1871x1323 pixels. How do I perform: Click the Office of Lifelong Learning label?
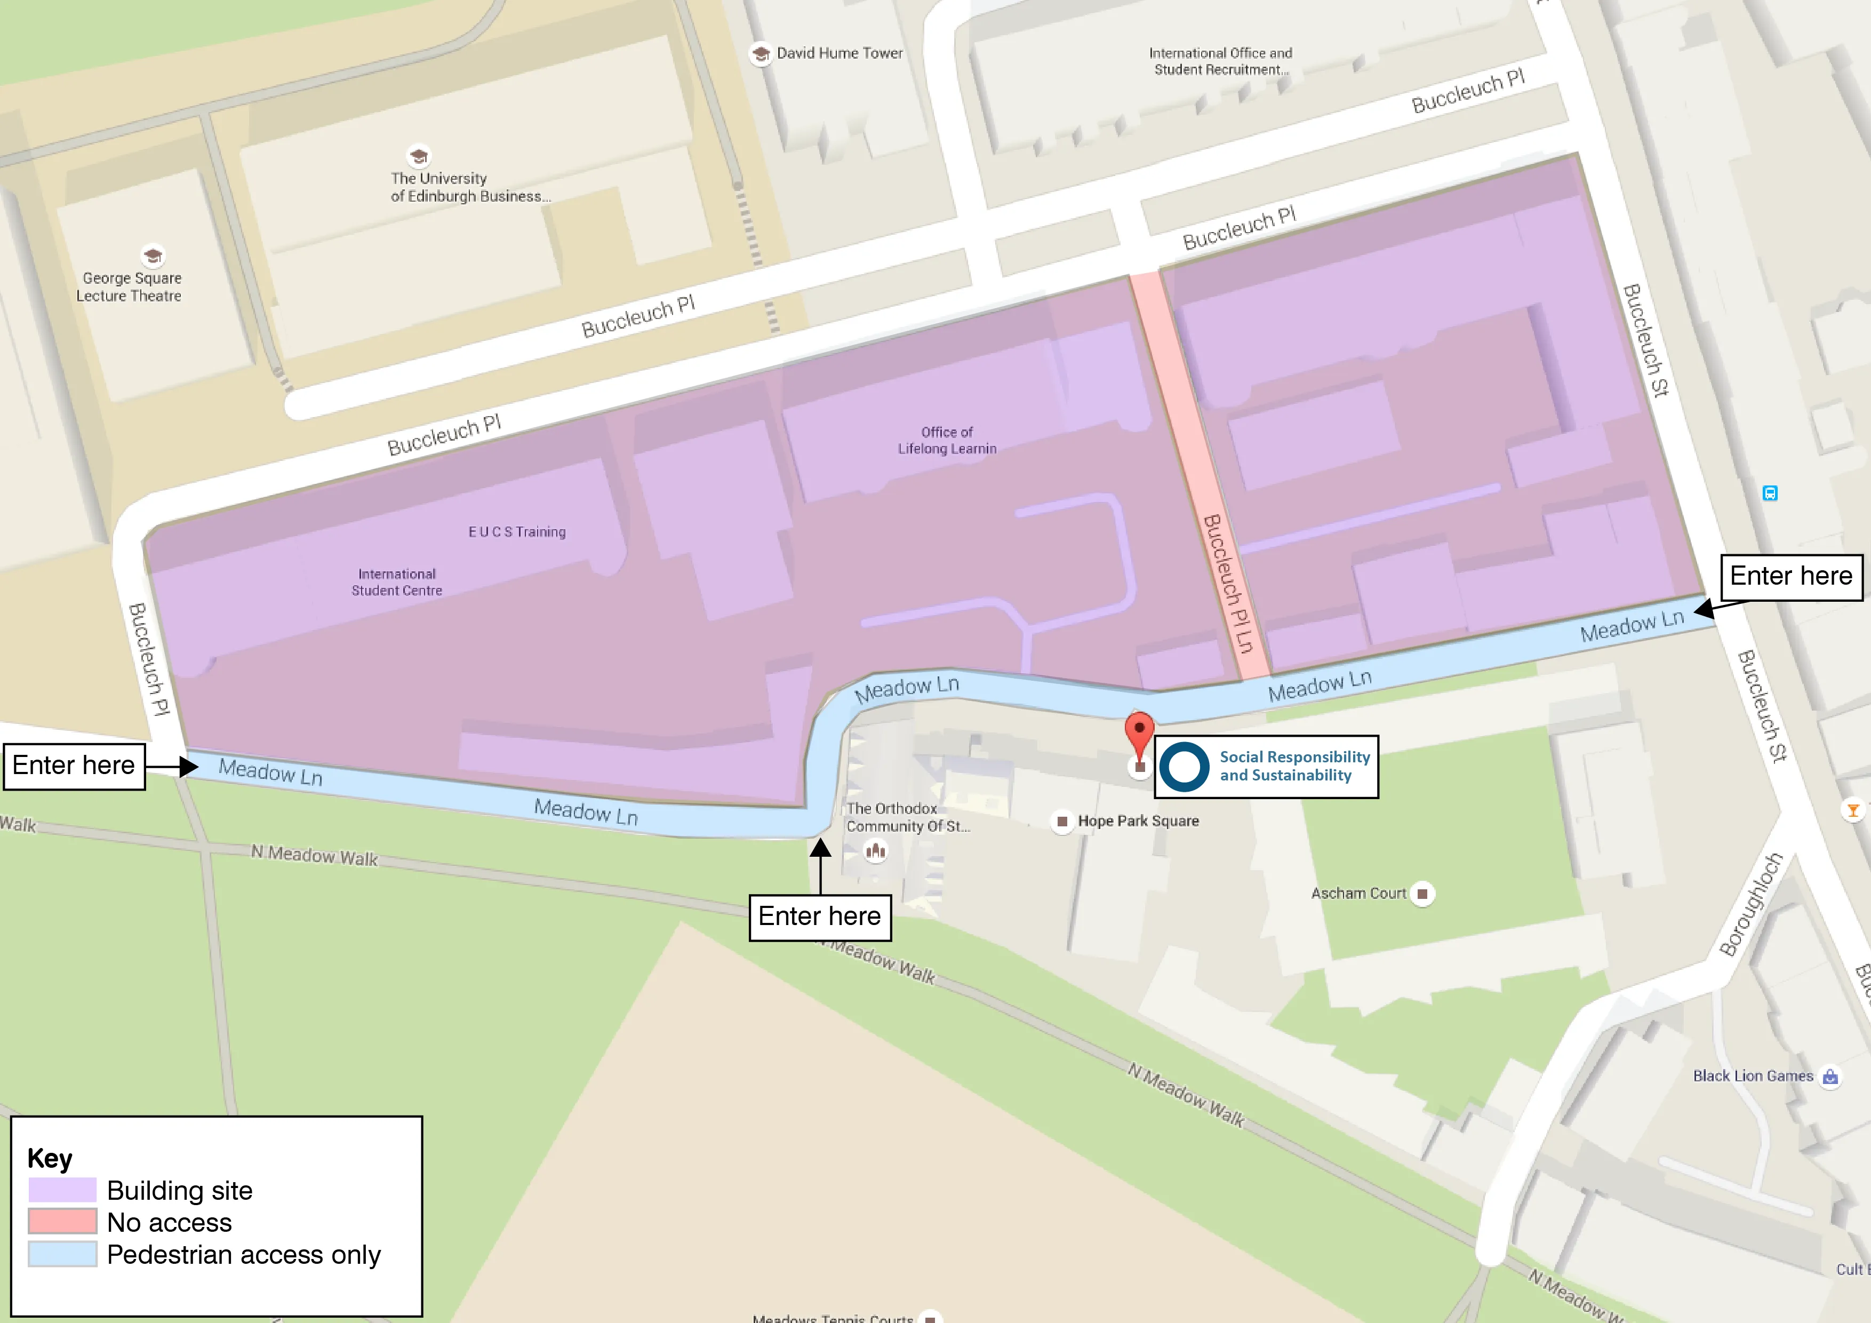pyautogui.click(x=947, y=440)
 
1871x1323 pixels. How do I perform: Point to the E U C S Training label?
pyautogui.click(x=517, y=531)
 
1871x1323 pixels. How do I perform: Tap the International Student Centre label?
pyautogui.click(x=397, y=582)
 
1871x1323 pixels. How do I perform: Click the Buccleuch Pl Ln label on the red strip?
pyautogui.click(x=1227, y=583)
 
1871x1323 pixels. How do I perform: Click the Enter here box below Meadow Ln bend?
pyautogui.click(x=819, y=917)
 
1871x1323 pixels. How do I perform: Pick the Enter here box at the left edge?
pyautogui.click(x=74, y=766)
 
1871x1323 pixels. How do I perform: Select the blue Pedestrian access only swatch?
pyautogui.click(x=63, y=1253)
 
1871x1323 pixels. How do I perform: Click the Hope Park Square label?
pyautogui.click(x=1138, y=821)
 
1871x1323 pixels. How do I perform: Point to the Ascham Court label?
pyautogui.click(x=1358, y=894)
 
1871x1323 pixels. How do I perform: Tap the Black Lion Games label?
pyautogui.click(x=1753, y=1076)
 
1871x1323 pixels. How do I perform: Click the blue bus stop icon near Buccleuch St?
pyautogui.click(x=1770, y=493)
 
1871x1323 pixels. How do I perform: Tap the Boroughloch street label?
pyautogui.click(x=1750, y=904)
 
